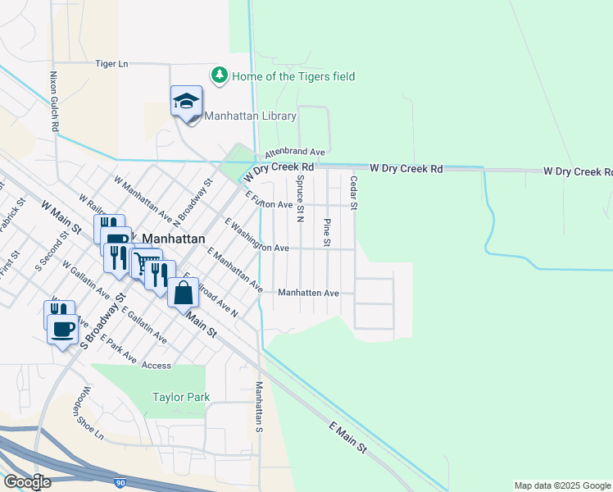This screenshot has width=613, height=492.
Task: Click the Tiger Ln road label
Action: click(x=112, y=63)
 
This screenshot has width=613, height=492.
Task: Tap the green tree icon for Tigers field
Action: click(x=219, y=75)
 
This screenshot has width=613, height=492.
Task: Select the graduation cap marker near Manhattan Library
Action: click(x=186, y=102)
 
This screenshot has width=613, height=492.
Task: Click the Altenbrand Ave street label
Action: click(x=294, y=153)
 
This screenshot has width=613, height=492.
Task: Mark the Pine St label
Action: click(x=327, y=232)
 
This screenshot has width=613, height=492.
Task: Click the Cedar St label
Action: click(x=354, y=193)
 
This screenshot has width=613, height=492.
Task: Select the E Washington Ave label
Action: click(x=256, y=235)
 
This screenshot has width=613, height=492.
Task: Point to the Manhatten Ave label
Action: click(x=308, y=293)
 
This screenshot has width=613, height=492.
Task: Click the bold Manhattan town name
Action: click(x=172, y=239)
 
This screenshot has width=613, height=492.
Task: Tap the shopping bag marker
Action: click(x=183, y=293)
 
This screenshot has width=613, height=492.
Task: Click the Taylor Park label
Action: click(x=181, y=398)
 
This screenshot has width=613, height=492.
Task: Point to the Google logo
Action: click(x=27, y=481)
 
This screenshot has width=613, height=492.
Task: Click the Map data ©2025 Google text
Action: click(x=561, y=485)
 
